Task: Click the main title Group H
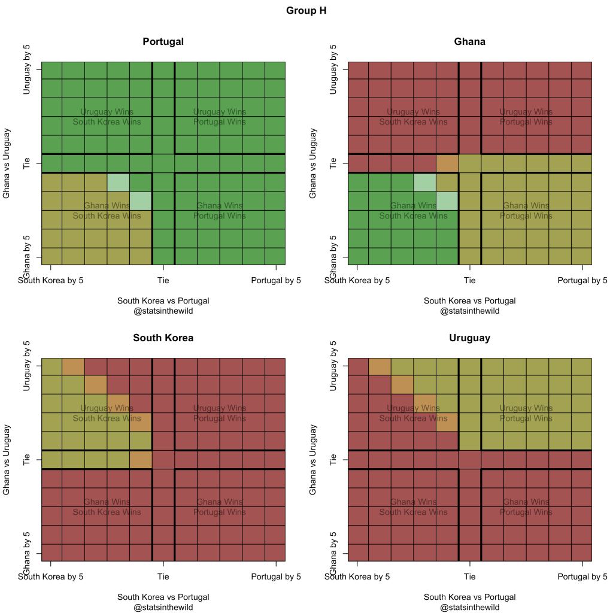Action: tap(306, 11)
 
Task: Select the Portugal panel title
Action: tap(163, 42)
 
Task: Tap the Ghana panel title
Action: tap(469, 42)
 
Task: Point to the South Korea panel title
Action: tap(163, 338)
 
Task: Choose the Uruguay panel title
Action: tap(469, 338)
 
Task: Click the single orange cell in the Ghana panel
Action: tap(447, 163)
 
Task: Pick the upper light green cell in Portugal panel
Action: tap(118, 183)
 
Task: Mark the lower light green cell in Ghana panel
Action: tap(447, 201)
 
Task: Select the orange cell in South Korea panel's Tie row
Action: tap(141, 459)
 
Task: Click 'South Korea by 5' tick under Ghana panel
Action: tap(357, 280)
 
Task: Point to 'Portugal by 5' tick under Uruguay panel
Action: tap(582, 576)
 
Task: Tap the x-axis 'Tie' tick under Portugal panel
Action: tap(163, 280)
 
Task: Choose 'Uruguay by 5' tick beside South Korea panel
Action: tap(27, 366)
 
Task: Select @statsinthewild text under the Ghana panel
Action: tap(469, 311)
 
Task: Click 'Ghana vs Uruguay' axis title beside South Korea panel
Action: tap(7, 459)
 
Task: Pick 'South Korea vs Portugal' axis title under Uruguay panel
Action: tap(469, 597)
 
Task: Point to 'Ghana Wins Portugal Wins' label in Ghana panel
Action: tap(526, 211)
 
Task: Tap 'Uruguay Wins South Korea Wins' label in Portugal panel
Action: tap(107, 117)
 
